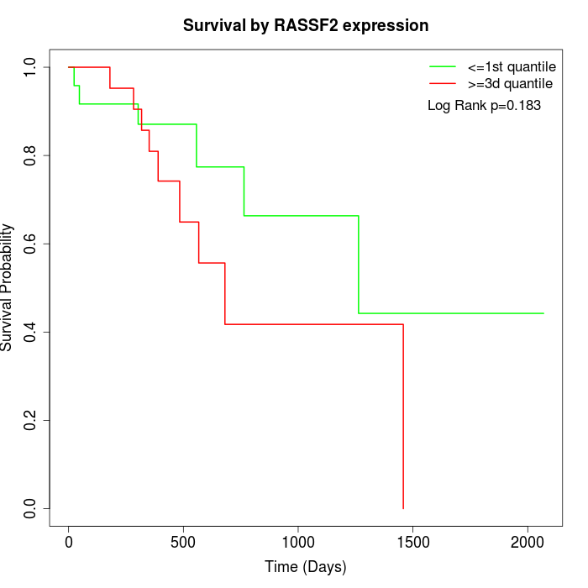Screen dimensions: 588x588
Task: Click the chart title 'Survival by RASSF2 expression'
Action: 306,25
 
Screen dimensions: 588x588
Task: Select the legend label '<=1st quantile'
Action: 512,66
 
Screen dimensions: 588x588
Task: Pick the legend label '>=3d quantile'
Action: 511,84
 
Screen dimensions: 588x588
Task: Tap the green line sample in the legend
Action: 443,66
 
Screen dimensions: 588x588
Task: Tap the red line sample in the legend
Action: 443,84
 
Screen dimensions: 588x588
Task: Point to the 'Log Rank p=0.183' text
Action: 484,106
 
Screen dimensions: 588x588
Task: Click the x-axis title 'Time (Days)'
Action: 306,567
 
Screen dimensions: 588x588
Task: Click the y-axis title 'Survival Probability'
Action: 8,287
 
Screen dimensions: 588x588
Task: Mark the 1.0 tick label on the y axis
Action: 31,67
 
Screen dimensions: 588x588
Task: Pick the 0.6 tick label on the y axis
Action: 31,244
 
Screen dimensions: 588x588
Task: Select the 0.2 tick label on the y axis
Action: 31,420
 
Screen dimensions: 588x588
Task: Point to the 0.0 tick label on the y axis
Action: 31,508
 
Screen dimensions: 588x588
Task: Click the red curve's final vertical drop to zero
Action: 403,420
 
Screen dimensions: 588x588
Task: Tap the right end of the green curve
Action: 543,313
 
